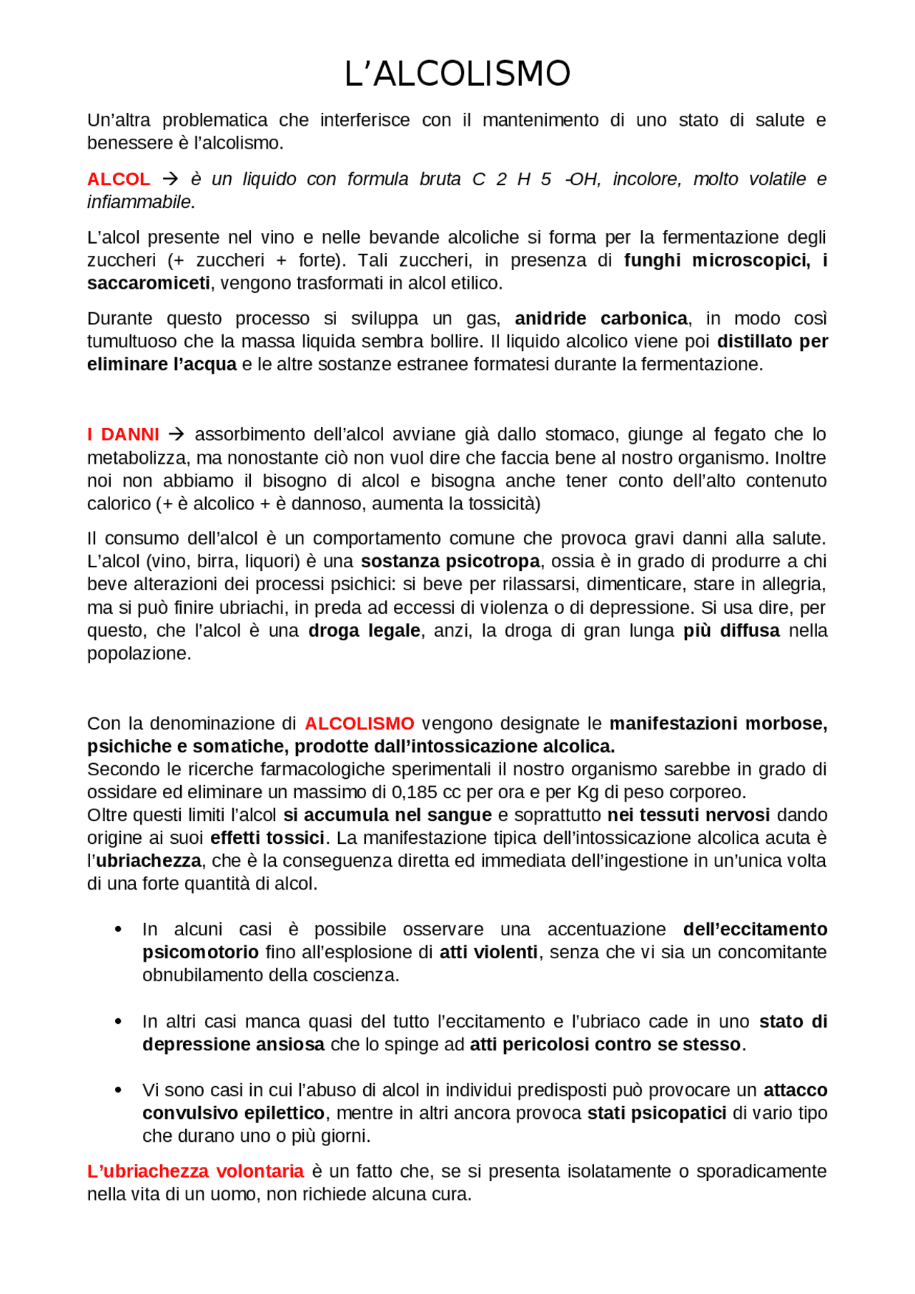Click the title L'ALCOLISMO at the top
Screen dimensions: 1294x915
pyautogui.click(x=457, y=74)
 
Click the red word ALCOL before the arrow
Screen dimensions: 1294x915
pyautogui.click(x=119, y=179)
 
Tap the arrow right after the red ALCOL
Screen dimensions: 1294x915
pyautogui.click(x=170, y=179)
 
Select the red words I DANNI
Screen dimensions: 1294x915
pyautogui.click(x=123, y=434)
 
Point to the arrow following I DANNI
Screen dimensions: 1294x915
pyautogui.click(x=177, y=434)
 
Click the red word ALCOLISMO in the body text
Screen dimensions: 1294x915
pyautogui.click(x=359, y=723)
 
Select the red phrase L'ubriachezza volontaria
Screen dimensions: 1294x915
pyautogui.click(x=195, y=1171)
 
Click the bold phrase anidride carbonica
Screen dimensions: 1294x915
pyautogui.click(x=600, y=318)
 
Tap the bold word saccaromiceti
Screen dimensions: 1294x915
pyautogui.click(x=149, y=283)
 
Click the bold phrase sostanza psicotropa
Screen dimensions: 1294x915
pyautogui.click(x=450, y=561)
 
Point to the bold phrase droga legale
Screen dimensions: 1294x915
pyautogui.click(x=364, y=630)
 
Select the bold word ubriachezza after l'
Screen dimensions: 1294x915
pyautogui.click(x=149, y=860)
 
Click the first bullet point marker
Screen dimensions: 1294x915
pyautogui.click(x=119, y=929)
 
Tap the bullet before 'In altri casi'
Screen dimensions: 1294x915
pyautogui.click(x=119, y=1021)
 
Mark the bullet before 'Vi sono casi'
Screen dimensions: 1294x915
pyautogui.click(x=119, y=1090)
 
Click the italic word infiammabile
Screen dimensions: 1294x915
pyautogui.click(x=140, y=202)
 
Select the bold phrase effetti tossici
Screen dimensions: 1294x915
pyautogui.click(x=267, y=837)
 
